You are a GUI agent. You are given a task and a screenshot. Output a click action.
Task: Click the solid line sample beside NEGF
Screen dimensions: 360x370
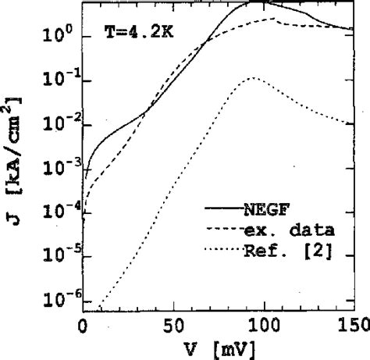click(x=221, y=209)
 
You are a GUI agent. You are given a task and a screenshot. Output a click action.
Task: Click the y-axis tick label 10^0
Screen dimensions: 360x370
click(x=59, y=35)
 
